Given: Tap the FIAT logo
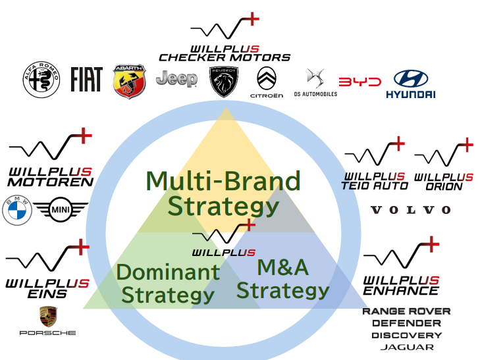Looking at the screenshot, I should point(86,80).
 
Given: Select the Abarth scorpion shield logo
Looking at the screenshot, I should point(129,81).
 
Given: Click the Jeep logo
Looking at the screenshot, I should point(176,80).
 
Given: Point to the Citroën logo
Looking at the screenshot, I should point(267,82).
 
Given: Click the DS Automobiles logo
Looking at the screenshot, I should point(315,83).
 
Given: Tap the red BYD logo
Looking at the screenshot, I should point(359,82).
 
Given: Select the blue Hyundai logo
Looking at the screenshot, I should point(410,84).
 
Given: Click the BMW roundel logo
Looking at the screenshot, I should point(17,211).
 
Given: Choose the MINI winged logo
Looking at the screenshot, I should point(60,211).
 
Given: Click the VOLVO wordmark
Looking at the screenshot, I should point(411,210).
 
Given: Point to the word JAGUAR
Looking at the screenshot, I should point(407,347).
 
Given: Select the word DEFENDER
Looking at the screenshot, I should point(406,323).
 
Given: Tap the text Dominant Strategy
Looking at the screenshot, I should point(168,283).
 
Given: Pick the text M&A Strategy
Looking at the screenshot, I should point(283,279).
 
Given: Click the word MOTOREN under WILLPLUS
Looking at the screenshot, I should point(51,182).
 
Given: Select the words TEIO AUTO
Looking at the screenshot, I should point(375,186).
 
